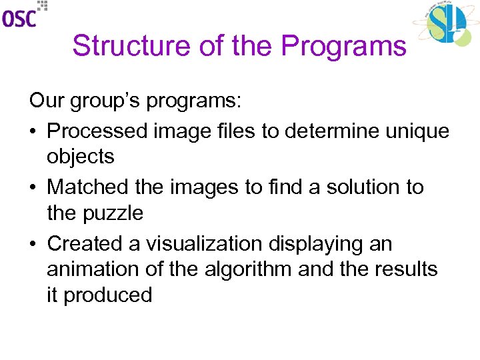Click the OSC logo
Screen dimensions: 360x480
tap(24, 15)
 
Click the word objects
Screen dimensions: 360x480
tap(81, 157)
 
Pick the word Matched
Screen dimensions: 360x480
tap(88, 187)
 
